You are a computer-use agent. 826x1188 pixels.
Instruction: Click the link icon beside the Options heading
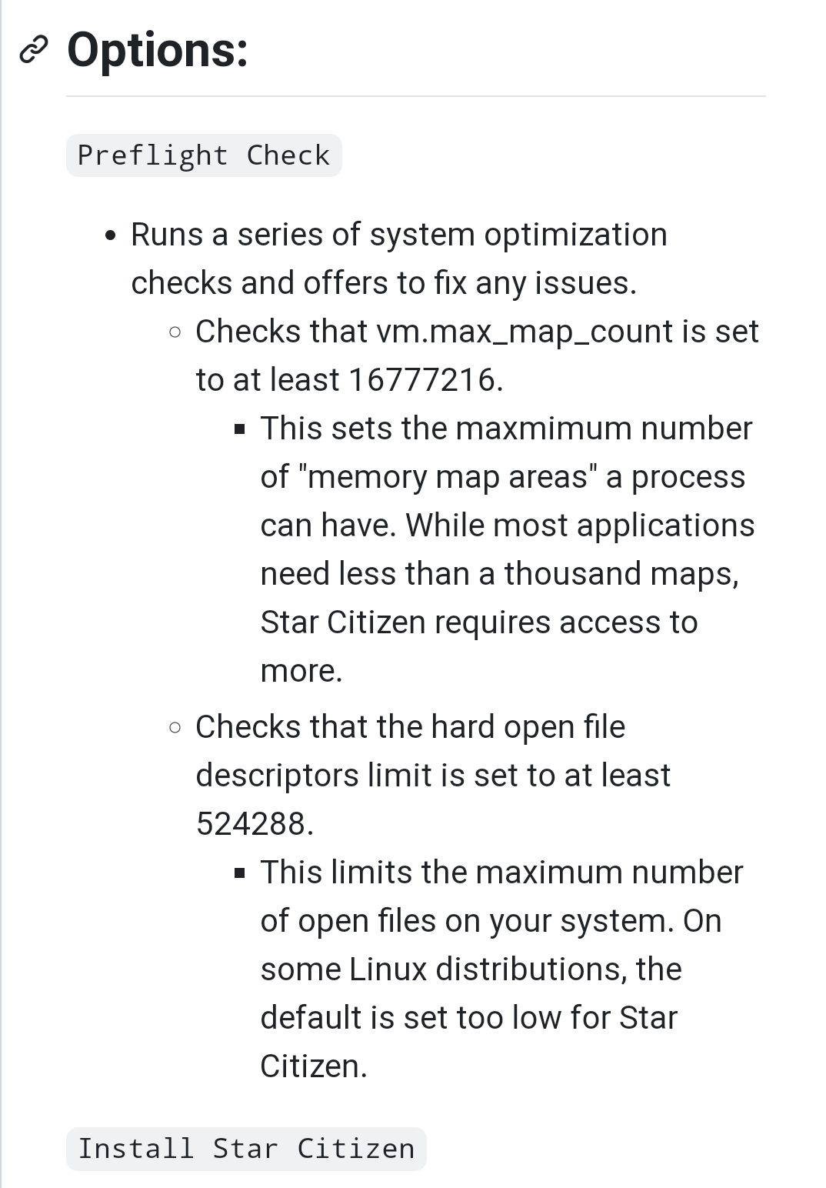coord(34,50)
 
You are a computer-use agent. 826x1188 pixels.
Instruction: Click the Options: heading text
coord(158,50)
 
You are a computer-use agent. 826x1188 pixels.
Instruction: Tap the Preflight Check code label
coord(204,155)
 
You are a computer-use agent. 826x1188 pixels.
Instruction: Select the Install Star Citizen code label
coord(246,1149)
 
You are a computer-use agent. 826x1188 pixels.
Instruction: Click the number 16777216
coord(422,379)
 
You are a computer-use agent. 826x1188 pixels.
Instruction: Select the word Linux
coord(388,969)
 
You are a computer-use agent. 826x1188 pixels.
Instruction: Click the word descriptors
coord(277,776)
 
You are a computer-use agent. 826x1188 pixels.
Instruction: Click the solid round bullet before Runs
coord(112,235)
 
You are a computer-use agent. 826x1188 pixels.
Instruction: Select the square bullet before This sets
coord(240,429)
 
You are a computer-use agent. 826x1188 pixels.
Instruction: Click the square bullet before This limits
coord(240,873)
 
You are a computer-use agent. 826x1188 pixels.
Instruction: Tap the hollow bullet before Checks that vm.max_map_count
coord(175,332)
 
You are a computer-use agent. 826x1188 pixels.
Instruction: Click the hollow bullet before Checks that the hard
coord(175,727)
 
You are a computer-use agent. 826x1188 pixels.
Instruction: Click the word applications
coord(665,526)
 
